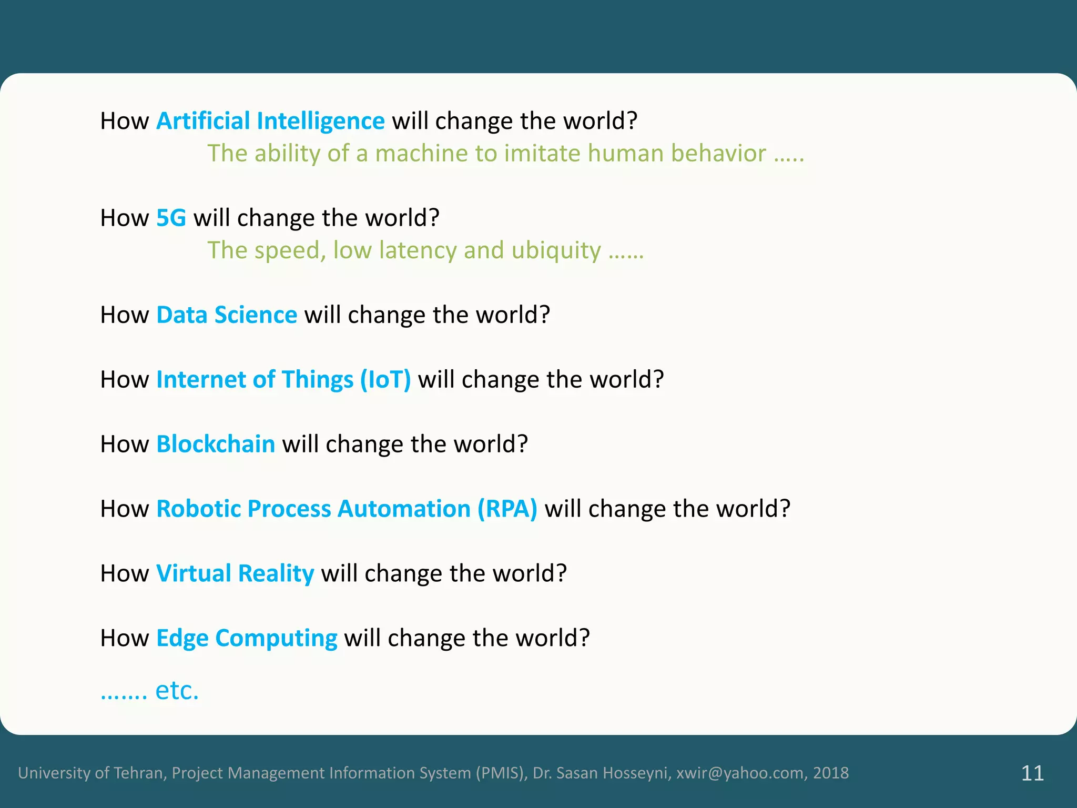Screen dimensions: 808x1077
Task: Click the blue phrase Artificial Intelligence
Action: click(270, 122)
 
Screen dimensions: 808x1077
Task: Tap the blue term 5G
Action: click(171, 218)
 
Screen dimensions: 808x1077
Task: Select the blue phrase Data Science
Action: click(227, 315)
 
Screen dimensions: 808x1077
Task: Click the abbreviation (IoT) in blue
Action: click(385, 380)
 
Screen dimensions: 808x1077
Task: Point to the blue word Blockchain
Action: click(216, 445)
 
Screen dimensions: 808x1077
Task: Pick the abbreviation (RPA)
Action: click(507, 509)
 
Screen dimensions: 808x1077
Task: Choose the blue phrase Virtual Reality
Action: click(235, 574)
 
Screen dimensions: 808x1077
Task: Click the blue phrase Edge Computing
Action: click(247, 639)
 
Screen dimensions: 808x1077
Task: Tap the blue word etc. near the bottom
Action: click(177, 691)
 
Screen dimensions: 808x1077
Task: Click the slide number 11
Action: click(1032, 773)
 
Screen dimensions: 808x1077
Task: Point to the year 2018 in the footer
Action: click(831, 773)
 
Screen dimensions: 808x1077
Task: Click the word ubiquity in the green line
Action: click(556, 251)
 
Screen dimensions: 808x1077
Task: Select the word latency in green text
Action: click(418, 251)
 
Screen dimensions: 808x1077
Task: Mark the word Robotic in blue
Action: click(199, 509)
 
